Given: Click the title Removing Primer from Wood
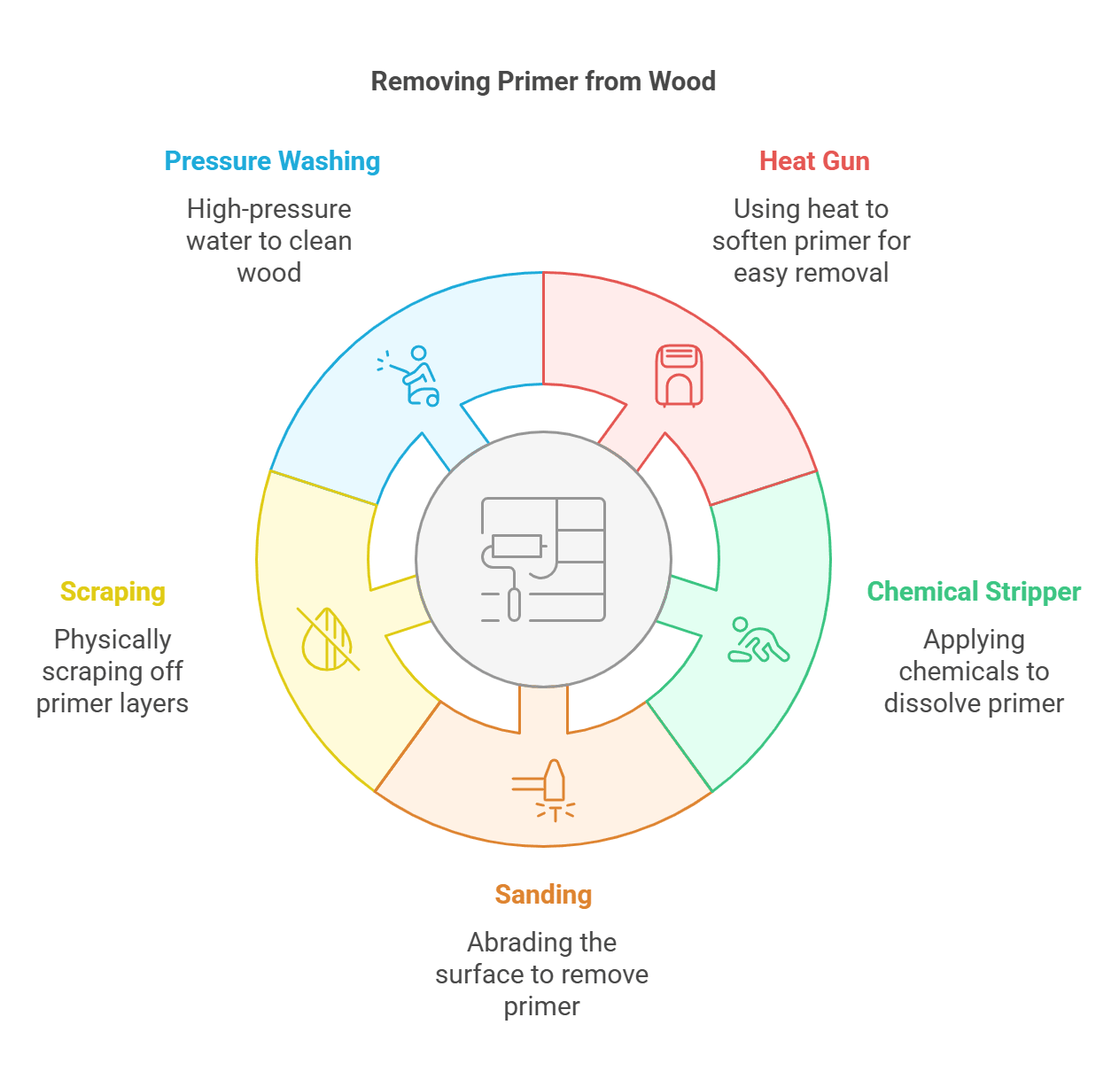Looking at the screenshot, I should (x=542, y=82).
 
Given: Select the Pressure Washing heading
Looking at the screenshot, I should (x=272, y=161).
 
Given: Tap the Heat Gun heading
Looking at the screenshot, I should (x=814, y=161).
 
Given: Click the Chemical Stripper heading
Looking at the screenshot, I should (x=973, y=592).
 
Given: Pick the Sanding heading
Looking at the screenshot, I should (x=543, y=895).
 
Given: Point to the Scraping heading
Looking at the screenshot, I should (x=113, y=592).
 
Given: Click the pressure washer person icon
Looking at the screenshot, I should (x=411, y=377).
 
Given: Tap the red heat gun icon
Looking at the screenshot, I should (x=679, y=376).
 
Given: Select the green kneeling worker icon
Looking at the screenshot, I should (x=758, y=641).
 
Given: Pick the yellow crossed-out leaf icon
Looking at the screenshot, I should (x=328, y=639).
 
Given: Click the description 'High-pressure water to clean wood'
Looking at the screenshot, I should (x=269, y=241).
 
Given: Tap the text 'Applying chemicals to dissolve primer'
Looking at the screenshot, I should (x=974, y=672).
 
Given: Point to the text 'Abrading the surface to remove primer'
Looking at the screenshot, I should (x=542, y=974).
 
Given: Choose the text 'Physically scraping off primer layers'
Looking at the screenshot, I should (x=113, y=672).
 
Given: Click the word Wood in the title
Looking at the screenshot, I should (x=681, y=82).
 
